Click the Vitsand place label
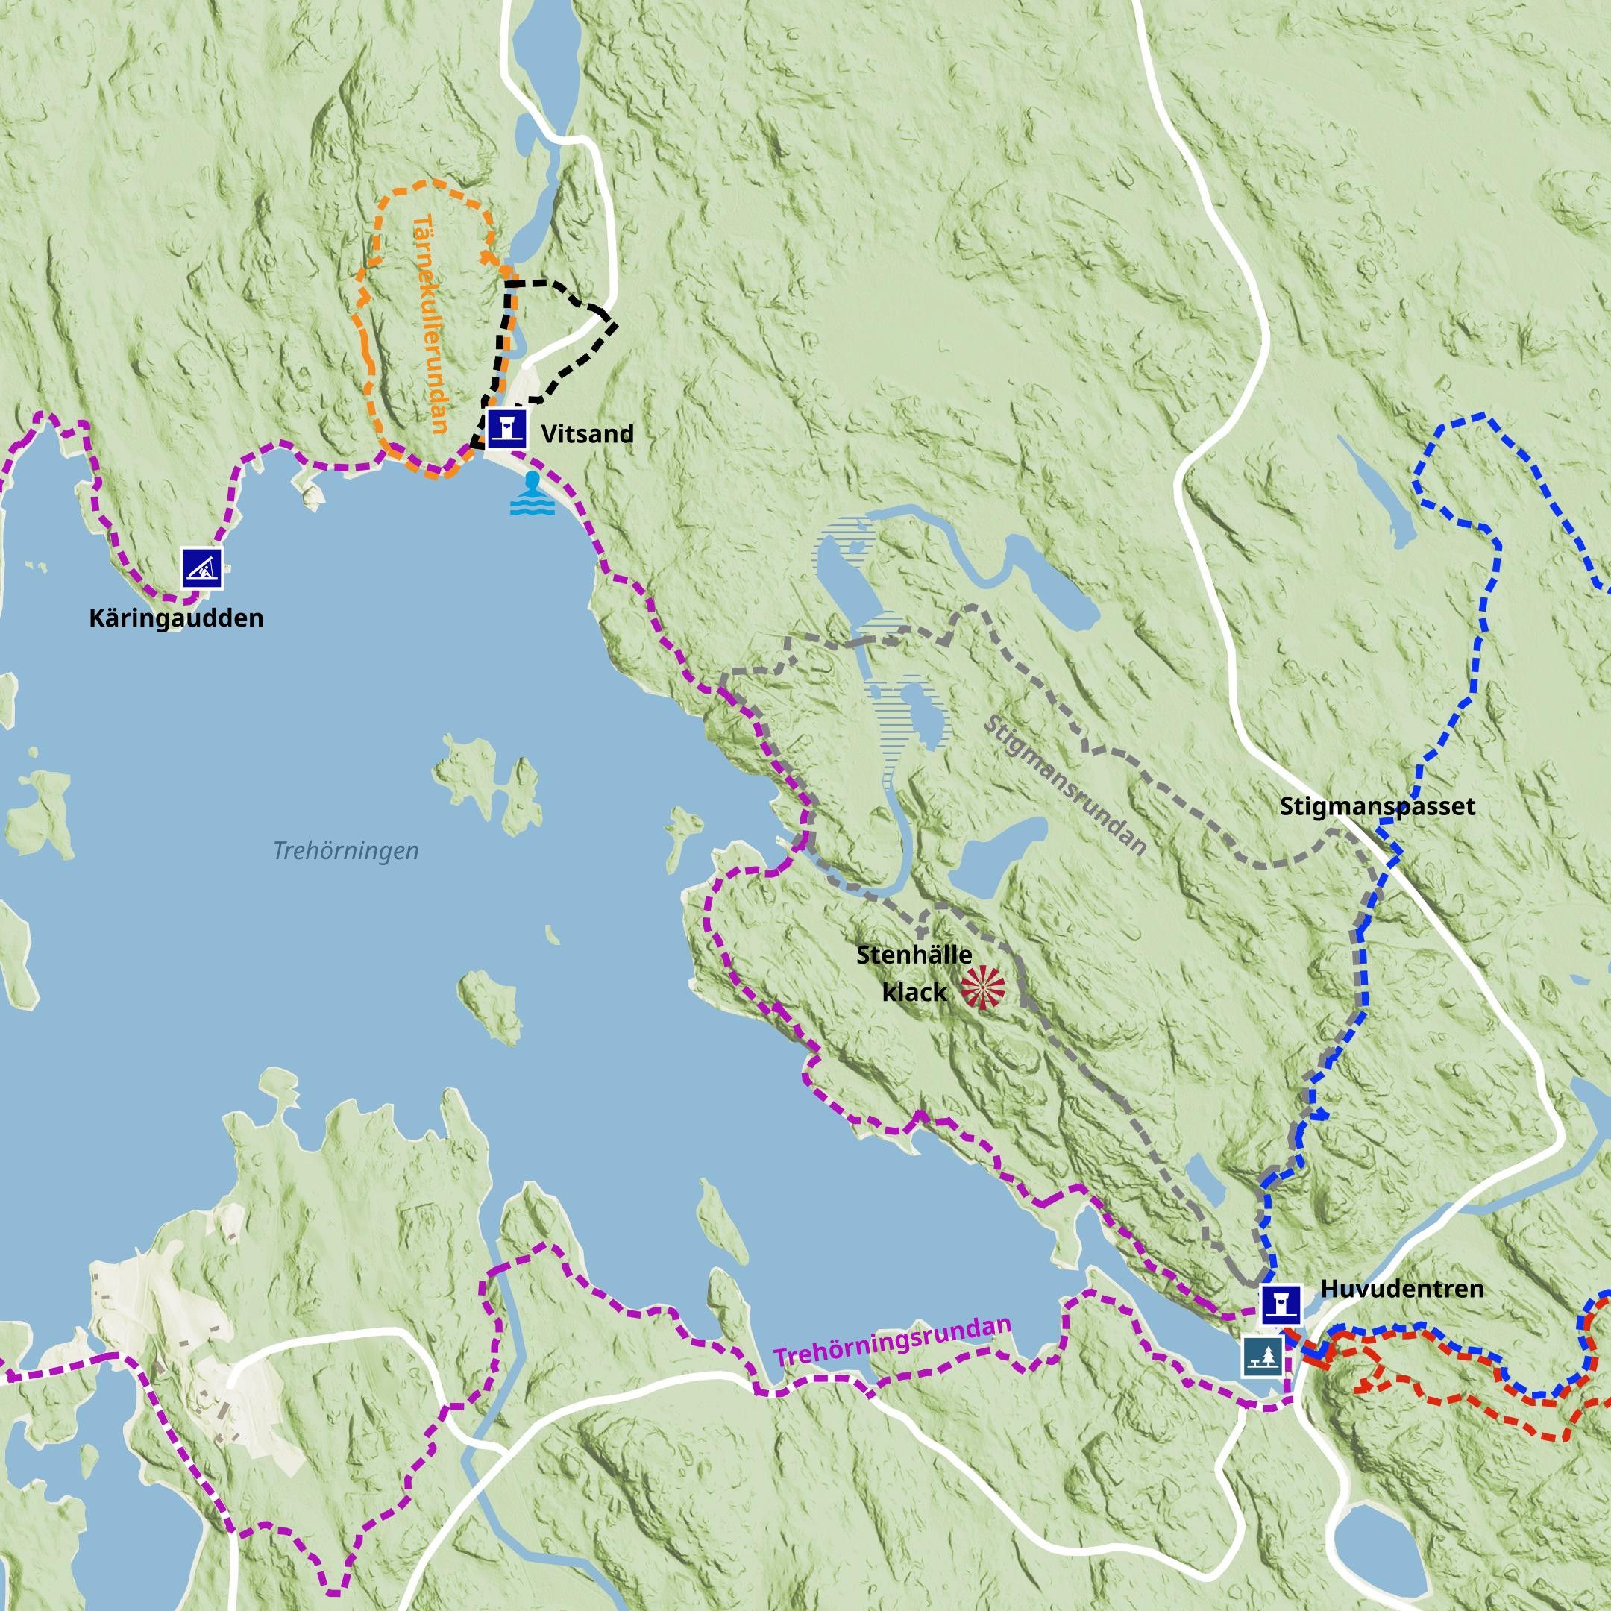tap(587, 433)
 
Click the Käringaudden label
tap(176, 618)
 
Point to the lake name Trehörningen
tap(346, 850)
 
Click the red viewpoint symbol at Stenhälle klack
tap(982, 988)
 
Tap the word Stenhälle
tap(914, 955)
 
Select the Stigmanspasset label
tap(1378, 806)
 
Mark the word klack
tap(914, 992)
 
